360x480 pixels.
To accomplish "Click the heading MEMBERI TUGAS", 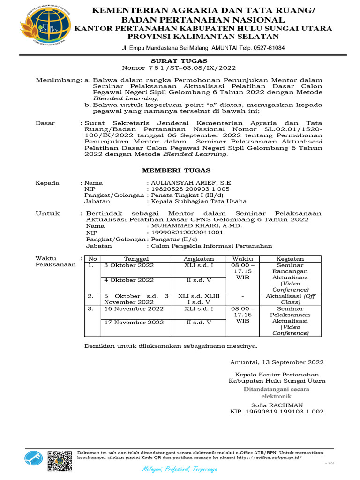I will point(176,170).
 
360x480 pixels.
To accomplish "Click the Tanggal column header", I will point(136,259).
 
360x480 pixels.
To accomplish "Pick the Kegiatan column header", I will point(290,259).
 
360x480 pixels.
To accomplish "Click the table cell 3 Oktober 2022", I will point(128,265).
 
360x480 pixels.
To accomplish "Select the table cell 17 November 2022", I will point(134,322).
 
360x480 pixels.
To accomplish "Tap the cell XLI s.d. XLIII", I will point(198,296).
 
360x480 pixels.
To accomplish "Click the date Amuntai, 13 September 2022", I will point(277,362).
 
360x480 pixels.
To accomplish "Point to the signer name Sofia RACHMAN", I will point(277,405).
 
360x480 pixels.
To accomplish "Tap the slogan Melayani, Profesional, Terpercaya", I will point(180,469).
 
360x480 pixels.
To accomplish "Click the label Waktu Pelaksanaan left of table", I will point(56,262).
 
